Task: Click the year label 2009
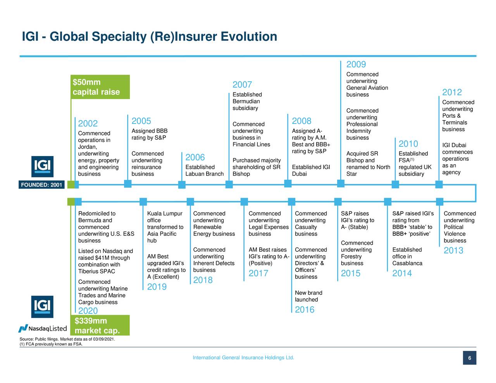click(x=356, y=64)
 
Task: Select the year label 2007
click(x=242, y=85)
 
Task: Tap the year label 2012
click(x=452, y=92)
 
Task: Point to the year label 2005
click(x=141, y=121)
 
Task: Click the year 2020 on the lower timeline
click(x=88, y=311)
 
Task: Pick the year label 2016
click(x=305, y=309)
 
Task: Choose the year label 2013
click(x=453, y=251)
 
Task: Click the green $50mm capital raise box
click(x=100, y=87)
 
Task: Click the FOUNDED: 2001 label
click(x=41, y=185)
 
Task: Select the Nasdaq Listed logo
click(x=43, y=329)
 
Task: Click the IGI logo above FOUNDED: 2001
click(x=42, y=166)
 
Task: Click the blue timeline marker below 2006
click(x=182, y=185)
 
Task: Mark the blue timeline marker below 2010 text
click(x=395, y=184)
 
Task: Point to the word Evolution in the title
click(x=249, y=36)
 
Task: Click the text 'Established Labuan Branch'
click(x=205, y=170)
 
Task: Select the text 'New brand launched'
click(x=308, y=296)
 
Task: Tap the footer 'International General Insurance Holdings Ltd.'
click(x=243, y=357)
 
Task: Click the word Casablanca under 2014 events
click(x=407, y=263)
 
